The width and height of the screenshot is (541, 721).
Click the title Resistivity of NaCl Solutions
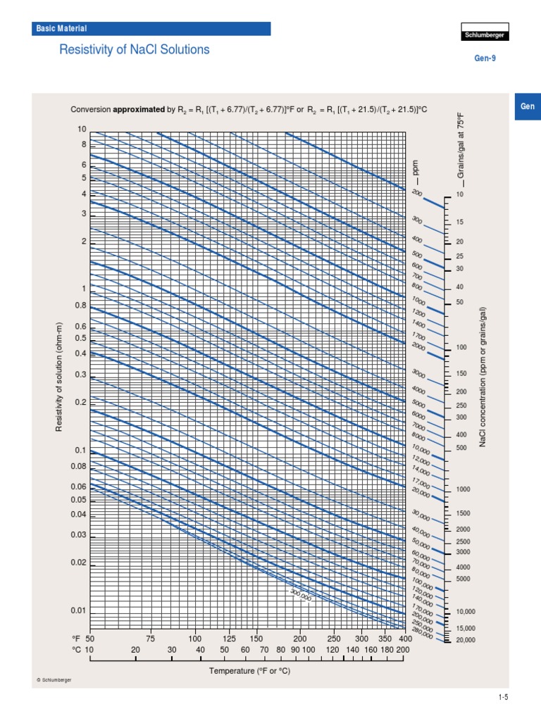134,50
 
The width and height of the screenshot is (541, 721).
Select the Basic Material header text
61,29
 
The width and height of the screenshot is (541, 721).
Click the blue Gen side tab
528,106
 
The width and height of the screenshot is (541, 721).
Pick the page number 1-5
503,697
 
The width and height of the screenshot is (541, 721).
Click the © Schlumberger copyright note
54,679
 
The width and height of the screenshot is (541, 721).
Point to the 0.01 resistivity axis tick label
77,610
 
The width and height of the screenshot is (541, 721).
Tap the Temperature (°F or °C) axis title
249,671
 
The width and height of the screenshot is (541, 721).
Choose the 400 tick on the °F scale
404,638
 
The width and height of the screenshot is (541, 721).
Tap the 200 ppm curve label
417,193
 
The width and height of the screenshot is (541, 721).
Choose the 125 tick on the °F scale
229,638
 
